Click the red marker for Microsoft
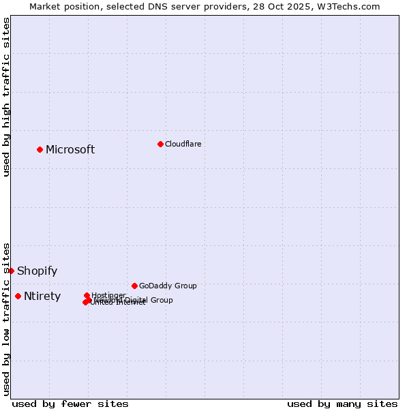pyautogui.click(x=40, y=149)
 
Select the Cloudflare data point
pyautogui.click(x=160, y=144)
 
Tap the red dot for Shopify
pyautogui.click(x=11, y=271)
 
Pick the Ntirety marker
pyautogui.click(x=18, y=296)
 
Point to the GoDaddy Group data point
pyautogui.click(x=134, y=286)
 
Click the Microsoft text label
pyautogui.click(x=70, y=150)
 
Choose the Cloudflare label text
pyautogui.click(x=183, y=144)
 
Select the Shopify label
pyautogui.click(x=37, y=271)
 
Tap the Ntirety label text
pyautogui.click(x=42, y=297)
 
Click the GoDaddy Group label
pyautogui.click(x=168, y=286)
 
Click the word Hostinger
pyautogui.click(x=108, y=295)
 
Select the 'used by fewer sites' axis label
pyautogui.click(x=70, y=404)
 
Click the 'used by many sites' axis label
pyautogui.click(x=342, y=404)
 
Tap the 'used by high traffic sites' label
pyautogui.click(x=7, y=97)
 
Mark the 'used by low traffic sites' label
pyautogui.click(x=7, y=318)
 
